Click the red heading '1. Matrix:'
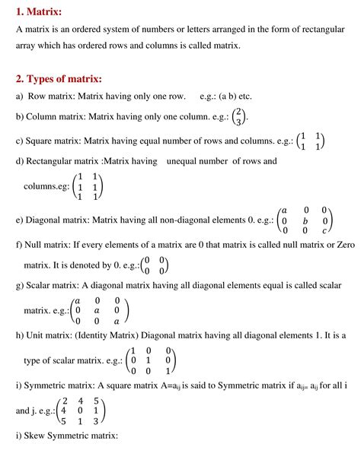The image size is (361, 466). coord(40,11)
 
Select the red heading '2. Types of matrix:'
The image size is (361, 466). coord(59,79)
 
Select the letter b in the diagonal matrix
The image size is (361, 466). coord(305,220)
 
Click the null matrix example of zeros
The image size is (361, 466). coord(155,265)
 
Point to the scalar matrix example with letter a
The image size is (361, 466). coord(99,310)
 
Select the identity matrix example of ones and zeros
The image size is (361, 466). coord(153,361)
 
